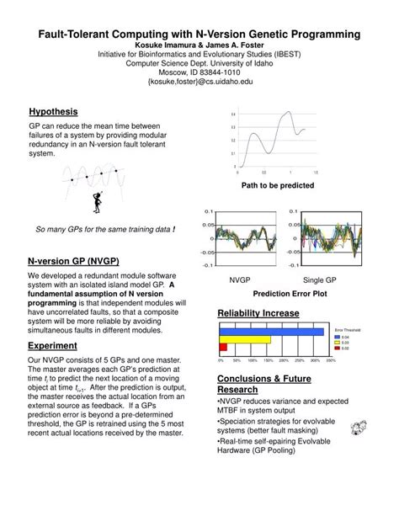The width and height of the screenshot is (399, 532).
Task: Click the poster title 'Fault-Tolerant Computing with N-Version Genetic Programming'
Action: tap(199, 33)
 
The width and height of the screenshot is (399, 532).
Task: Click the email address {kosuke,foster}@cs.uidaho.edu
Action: tap(199, 82)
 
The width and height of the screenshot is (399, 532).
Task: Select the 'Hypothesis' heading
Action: tap(53, 111)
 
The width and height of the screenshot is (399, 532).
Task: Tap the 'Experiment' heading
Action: tap(53, 345)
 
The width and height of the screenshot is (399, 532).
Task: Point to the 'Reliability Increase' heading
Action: tap(258, 313)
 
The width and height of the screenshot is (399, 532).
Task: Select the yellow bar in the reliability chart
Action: tap(245, 339)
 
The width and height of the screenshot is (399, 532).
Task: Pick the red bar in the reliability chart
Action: tap(223, 347)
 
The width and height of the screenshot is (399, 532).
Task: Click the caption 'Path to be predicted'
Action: tap(278, 185)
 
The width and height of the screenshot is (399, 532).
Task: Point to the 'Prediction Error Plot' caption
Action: tap(290, 295)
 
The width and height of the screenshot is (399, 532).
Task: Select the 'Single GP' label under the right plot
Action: tap(320, 280)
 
